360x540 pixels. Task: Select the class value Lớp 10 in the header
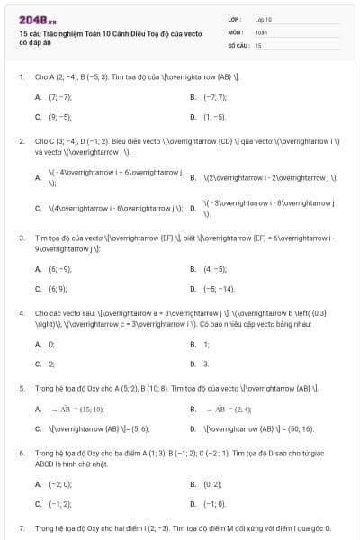pyautogui.click(x=264, y=19)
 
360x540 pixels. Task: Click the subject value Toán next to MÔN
pyautogui.click(x=261, y=31)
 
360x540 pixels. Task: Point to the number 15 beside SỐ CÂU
pyautogui.click(x=258, y=44)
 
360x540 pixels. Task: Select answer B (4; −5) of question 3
pyautogui.click(x=215, y=268)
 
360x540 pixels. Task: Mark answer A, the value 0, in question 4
pyautogui.click(x=51, y=344)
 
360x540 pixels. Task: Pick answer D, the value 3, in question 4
pyautogui.click(x=206, y=364)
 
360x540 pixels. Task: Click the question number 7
pyautogui.click(x=21, y=527)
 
